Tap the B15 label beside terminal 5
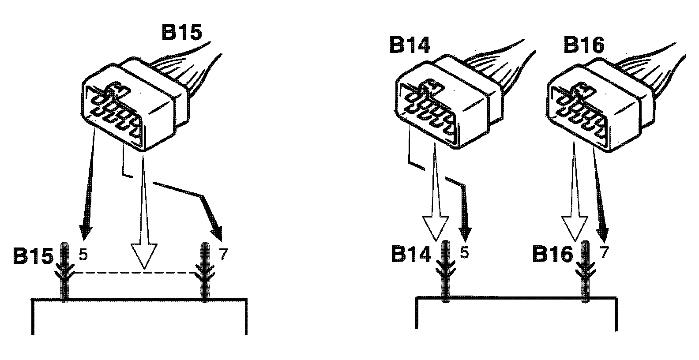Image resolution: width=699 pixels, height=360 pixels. tap(33, 256)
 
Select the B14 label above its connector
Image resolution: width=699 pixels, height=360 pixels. tap(409, 45)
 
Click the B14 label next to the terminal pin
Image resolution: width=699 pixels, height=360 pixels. tap(411, 255)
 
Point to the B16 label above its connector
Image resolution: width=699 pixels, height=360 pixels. tap(584, 45)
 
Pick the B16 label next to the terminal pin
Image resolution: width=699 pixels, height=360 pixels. tap(552, 255)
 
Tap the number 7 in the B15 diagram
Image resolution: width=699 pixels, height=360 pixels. tap(224, 255)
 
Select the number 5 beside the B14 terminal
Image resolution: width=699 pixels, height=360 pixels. tap(464, 253)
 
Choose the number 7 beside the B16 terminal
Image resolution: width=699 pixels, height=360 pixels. tap(605, 253)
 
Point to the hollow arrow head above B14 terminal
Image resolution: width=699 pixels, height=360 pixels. tap(436, 228)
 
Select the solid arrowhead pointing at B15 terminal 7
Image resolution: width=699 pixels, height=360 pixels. tap(217, 232)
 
